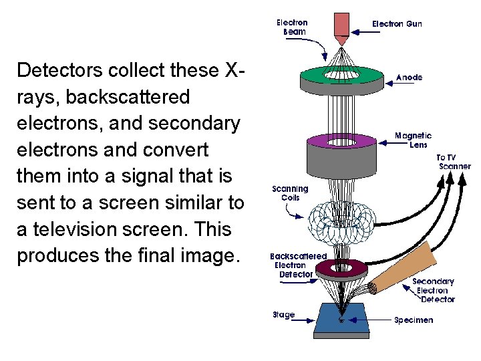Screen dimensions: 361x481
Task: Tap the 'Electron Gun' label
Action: click(397, 24)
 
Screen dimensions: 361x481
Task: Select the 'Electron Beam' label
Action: click(292, 27)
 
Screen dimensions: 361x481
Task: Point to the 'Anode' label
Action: click(409, 78)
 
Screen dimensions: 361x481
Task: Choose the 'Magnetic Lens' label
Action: click(413, 140)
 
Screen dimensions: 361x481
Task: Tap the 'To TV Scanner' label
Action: click(454, 162)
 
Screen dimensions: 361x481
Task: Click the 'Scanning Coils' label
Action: click(290, 193)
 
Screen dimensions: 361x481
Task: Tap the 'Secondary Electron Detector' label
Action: click(433, 290)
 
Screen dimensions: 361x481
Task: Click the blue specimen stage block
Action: click(342, 321)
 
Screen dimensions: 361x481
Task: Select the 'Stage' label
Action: click(283, 315)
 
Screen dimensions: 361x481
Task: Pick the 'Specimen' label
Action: click(413, 320)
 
